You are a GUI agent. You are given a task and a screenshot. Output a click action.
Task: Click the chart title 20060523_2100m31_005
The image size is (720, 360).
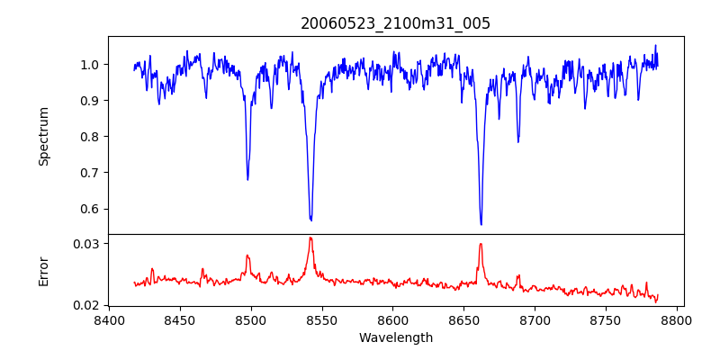396,23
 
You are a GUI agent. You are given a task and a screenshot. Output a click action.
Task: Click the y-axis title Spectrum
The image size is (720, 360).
43,136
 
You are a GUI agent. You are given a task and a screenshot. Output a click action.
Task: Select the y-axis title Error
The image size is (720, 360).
43,271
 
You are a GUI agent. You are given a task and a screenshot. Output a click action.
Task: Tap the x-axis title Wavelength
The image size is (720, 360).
396,338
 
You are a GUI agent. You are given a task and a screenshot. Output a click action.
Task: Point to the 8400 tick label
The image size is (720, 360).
109,319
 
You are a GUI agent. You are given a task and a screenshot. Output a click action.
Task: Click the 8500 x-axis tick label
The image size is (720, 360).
251,319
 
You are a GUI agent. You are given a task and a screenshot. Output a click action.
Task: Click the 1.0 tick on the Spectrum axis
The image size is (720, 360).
90,65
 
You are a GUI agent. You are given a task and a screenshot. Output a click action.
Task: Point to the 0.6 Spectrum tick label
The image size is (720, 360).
90,209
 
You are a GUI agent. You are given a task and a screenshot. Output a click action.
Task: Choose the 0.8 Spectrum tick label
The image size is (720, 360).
90,137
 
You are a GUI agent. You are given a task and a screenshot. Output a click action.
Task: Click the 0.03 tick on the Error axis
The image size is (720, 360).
86,244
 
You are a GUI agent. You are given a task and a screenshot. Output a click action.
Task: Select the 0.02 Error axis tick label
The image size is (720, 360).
86,305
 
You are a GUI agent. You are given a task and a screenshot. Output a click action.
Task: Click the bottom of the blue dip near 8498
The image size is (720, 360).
247,179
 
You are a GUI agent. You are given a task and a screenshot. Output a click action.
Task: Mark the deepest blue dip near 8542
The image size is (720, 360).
310,220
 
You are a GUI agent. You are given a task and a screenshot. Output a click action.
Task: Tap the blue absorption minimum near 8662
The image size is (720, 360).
481,224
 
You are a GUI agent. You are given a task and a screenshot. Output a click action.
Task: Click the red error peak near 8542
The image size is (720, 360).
310,238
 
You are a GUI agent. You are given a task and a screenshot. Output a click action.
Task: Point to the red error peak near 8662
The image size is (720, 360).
481,244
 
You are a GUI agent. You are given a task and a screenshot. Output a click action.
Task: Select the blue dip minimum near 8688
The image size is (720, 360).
517,141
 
